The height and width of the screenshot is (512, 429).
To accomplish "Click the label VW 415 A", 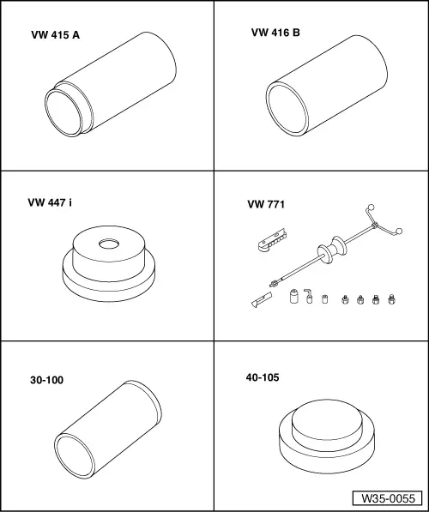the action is coord(55,35).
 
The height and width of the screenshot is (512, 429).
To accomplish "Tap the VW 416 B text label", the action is coord(275,33).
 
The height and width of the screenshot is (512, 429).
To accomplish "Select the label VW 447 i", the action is coord(50,202).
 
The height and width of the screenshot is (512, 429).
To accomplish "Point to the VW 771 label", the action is coord(266,204).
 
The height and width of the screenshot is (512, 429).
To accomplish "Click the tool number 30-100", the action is coord(46,380).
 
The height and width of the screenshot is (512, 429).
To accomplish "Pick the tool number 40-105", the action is coord(263,377).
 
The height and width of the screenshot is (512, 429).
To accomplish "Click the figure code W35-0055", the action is coord(388,498).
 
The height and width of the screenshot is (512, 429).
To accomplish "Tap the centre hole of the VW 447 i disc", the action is coord(109,244).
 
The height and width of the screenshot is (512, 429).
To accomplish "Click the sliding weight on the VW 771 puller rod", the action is coord(332,250).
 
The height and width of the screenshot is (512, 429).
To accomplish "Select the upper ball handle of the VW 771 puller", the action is coord(371,208).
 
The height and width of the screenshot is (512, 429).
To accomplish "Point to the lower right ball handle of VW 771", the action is coord(398,231).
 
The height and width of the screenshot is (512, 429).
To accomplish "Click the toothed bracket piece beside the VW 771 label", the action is coord(272,241).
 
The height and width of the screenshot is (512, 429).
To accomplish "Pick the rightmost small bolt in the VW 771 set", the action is coord(391,299).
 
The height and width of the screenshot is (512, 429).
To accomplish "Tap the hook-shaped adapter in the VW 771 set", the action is coord(308,296).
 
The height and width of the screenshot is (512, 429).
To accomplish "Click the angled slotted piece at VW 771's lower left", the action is coord(262,299).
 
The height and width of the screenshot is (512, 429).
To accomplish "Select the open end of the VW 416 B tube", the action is coord(287,109).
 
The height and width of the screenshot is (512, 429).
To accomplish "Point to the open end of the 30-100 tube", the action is coord(75,456).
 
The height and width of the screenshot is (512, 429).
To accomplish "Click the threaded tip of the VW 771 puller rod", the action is coord(274,283).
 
